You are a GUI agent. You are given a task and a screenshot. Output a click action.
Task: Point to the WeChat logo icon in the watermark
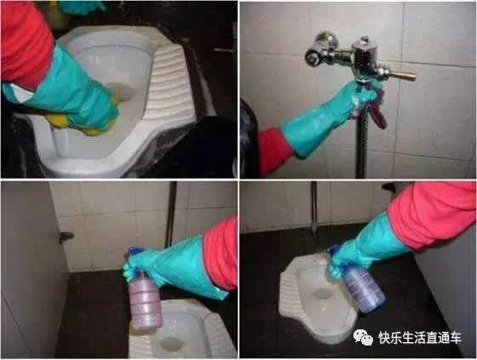(x=363, y=338)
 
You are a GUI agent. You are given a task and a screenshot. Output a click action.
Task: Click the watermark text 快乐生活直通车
(x=420, y=338)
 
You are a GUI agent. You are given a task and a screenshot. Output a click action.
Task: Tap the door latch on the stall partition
(x=66, y=237)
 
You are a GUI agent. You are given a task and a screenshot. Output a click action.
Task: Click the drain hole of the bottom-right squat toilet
(x=323, y=294)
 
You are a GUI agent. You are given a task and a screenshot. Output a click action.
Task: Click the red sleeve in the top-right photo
(x=273, y=152)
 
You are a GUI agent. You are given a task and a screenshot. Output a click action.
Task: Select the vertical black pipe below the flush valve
(x=361, y=143)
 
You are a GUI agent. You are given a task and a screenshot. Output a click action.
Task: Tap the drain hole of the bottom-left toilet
(x=172, y=345)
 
